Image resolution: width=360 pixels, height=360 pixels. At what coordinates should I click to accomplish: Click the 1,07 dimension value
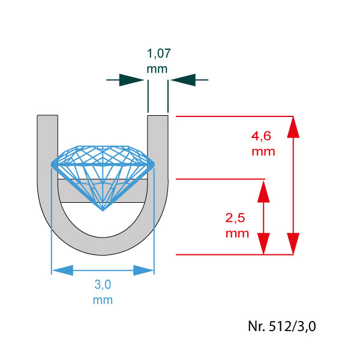[x=158, y=53]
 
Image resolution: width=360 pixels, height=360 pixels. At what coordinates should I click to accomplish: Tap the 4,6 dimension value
[x=261, y=136]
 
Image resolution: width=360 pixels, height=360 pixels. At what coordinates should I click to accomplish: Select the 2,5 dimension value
[x=235, y=218]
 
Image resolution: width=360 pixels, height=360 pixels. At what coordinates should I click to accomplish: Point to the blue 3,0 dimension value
[x=103, y=284]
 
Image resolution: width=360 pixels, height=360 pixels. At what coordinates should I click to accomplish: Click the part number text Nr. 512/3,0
[x=282, y=326]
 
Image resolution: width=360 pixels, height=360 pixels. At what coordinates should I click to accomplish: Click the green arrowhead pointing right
[x=131, y=80]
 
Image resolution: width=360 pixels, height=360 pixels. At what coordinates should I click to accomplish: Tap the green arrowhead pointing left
[x=183, y=80]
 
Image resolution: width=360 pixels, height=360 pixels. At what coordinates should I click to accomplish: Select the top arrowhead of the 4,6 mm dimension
[x=293, y=127]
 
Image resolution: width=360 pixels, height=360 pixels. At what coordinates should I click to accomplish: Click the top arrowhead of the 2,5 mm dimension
[x=263, y=191]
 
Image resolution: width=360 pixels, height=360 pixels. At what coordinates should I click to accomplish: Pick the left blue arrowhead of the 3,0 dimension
[x=62, y=270]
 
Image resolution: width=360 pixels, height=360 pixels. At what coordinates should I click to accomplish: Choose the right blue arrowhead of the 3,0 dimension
[x=143, y=270]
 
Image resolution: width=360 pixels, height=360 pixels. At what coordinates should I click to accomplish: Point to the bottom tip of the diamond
[x=103, y=211]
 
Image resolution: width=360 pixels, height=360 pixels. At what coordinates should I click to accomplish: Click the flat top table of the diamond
[x=103, y=146]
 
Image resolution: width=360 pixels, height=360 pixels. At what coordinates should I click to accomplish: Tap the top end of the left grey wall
[x=47, y=115]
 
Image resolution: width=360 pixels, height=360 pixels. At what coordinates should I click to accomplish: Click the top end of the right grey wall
[x=158, y=116]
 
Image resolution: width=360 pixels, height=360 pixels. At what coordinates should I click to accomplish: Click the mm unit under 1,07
[x=157, y=69]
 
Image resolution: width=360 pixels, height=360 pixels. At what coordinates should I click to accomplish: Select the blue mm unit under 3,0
[x=103, y=301]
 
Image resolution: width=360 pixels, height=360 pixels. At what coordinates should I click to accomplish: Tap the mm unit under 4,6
[x=263, y=152]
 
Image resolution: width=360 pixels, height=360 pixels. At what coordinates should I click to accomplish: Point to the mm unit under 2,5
[x=237, y=234]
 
